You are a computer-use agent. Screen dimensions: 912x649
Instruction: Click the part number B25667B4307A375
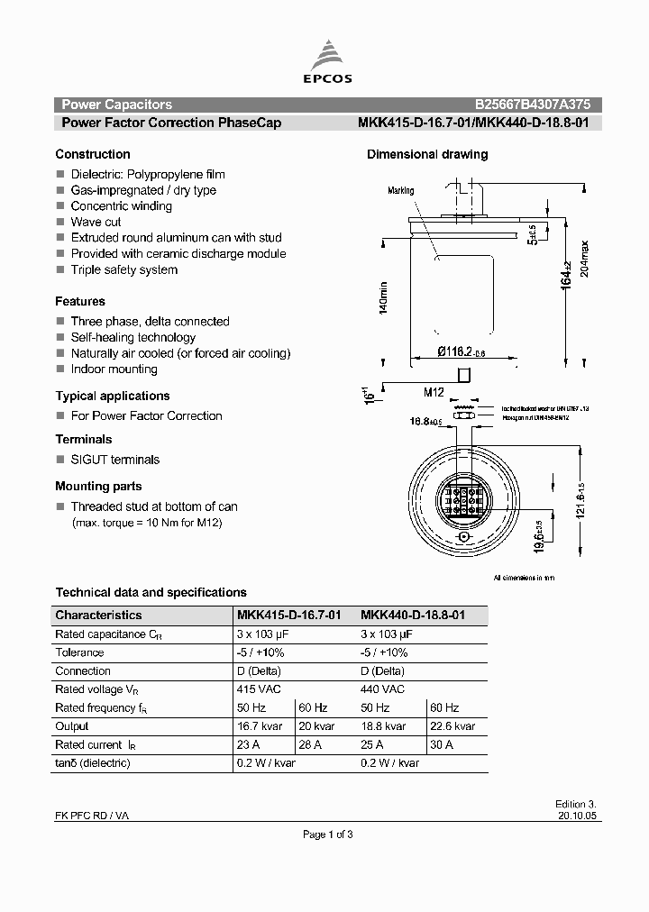click(x=533, y=105)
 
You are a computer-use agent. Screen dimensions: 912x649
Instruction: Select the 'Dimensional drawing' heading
click(x=427, y=154)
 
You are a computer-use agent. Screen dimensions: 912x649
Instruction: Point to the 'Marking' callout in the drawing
click(x=400, y=191)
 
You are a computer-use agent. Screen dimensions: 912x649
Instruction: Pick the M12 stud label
click(x=435, y=392)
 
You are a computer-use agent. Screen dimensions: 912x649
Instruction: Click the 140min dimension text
click(x=383, y=297)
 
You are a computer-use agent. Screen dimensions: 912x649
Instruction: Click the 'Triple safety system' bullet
click(x=123, y=269)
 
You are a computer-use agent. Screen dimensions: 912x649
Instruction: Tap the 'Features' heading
click(x=80, y=301)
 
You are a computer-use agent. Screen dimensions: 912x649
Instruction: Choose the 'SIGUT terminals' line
click(x=114, y=459)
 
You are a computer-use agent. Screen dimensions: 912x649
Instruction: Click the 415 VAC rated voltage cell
click(x=259, y=689)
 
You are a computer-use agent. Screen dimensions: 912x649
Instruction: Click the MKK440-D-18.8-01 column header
click(x=413, y=615)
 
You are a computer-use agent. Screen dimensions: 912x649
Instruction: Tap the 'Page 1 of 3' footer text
click(x=327, y=834)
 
